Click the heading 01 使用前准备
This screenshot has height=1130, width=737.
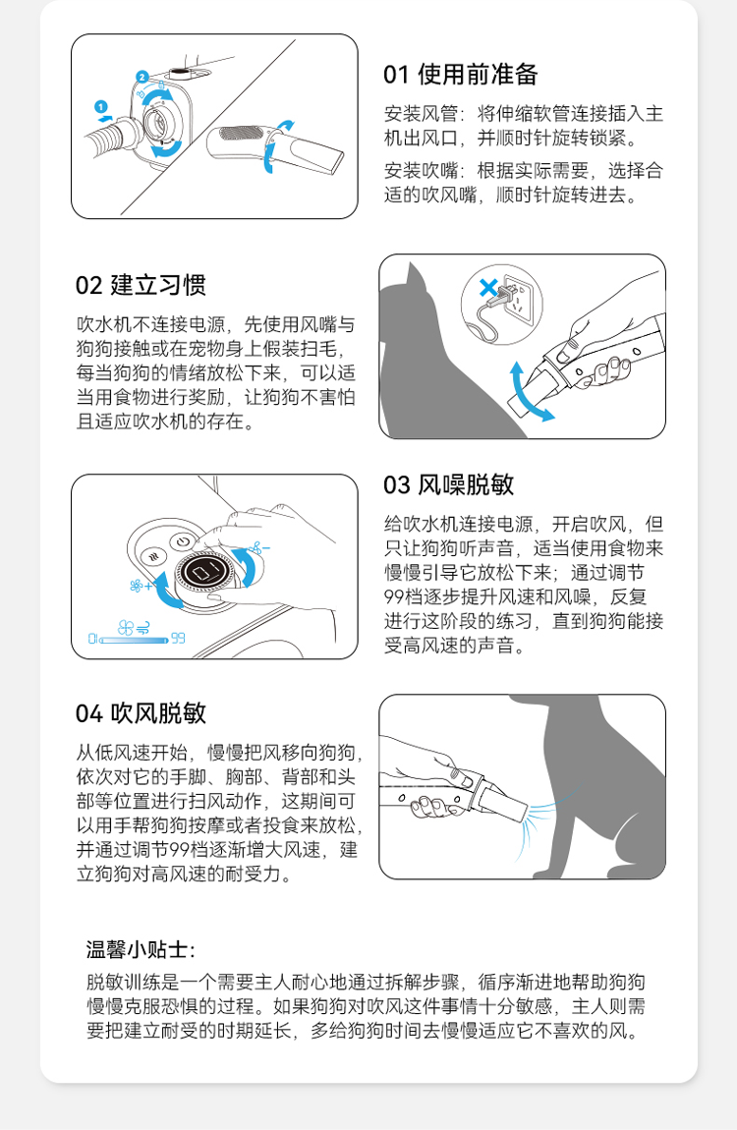(x=460, y=75)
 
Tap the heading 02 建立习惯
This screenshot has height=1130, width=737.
(x=141, y=285)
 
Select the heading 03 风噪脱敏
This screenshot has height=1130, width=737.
(x=448, y=484)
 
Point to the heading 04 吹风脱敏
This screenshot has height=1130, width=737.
(x=141, y=712)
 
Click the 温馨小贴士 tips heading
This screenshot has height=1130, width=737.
(x=141, y=949)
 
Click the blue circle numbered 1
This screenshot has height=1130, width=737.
(x=101, y=107)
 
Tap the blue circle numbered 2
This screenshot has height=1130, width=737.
(x=142, y=77)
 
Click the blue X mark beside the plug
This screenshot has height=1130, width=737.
(x=488, y=288)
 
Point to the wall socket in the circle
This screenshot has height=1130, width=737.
(x=515, y=296)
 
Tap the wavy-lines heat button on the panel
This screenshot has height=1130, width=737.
(x=153, y=556)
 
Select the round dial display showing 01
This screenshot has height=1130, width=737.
(x=206, y=572)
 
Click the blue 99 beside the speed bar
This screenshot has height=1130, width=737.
(x=178, y=639)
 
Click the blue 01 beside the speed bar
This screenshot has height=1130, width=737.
(x=92, y=639)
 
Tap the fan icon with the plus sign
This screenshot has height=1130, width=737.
(x=142, y=586)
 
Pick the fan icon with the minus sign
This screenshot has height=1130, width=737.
(x=259, y=548)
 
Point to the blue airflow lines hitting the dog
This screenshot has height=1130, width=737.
(x=539, y=821)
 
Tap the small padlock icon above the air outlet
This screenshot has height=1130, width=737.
(x=160, y=85)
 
